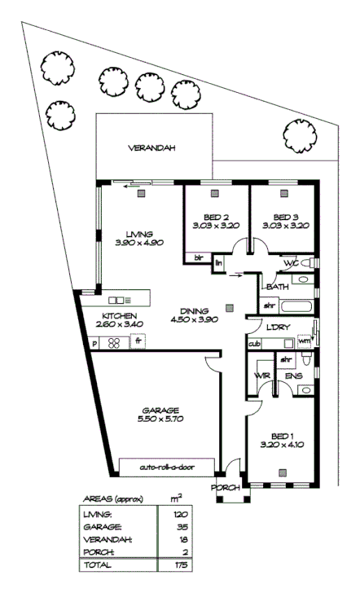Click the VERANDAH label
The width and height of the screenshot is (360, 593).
[151, 149]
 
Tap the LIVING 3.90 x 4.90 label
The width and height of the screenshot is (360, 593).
[134, 238]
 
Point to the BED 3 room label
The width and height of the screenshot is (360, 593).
[282, 221]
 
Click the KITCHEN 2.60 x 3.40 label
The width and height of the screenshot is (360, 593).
[119, 320]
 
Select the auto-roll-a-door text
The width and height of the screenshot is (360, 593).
[167, 468]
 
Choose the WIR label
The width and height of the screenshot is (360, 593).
[261, 376]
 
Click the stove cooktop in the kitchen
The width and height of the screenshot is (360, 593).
[116, 342]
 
